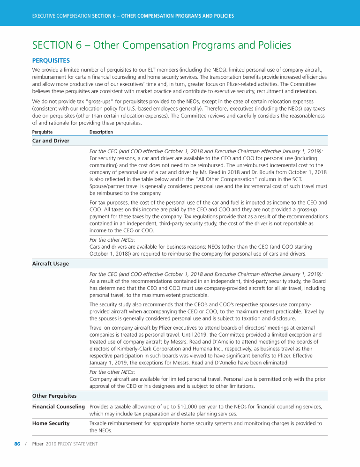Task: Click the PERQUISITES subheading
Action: pyautogui.click(x=51, y=60)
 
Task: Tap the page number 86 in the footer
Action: pyautogui.click(x=17, y=444)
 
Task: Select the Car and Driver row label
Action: pyautogui.click(x=51, y=141)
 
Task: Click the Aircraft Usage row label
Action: pyautogui.click(x=50, y=264)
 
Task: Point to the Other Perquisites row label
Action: pyautogui.click(x=55, y=395)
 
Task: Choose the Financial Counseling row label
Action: pyautogui.click(x=59, y=407)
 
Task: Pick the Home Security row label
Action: pyautogui.click(x=51, y=423)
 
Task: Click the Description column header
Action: pyautogui.click(x=101, y=132)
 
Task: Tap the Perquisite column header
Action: pyautogui.click(x=42, y=132)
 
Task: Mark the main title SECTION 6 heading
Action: pyautogui.click(x=162, y=45)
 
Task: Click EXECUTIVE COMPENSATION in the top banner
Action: pyautogui.click(x=61, y=16)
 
